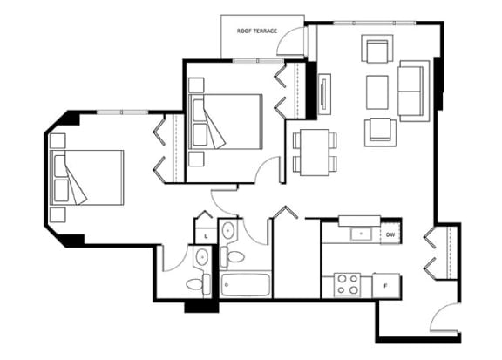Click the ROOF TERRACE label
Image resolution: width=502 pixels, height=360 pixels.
(x=257, y=31)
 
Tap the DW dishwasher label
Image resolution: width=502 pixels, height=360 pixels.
(x=390, y=234)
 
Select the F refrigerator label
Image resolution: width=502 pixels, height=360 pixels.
(x=385, y=286)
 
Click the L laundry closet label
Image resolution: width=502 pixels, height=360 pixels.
(x=207, y=236)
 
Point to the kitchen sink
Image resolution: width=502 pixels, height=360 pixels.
(x=361, y=234)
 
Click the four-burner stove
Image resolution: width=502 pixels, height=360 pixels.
(x=348, y=284)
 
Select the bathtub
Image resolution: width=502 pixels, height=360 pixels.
(x=246, y=285)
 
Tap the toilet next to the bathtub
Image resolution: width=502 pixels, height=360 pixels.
(x=233, y=256)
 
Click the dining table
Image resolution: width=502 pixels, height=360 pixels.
(x=315, y=153)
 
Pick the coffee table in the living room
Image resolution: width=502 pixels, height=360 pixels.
(x=377, y=92)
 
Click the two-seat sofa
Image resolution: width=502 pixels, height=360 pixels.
(x=414, y=91)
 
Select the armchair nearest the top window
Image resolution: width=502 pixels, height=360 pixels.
(x=377, y=49)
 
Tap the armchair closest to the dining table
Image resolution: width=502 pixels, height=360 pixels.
(x=380, y=132)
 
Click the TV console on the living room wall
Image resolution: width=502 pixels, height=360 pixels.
(x=324, y=94)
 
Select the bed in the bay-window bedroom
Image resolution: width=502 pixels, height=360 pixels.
(x=87, y=178)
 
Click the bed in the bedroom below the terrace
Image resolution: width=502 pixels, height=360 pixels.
(x=226, y=122)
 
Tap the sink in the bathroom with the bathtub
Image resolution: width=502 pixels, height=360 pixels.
(x=228, y=229)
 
